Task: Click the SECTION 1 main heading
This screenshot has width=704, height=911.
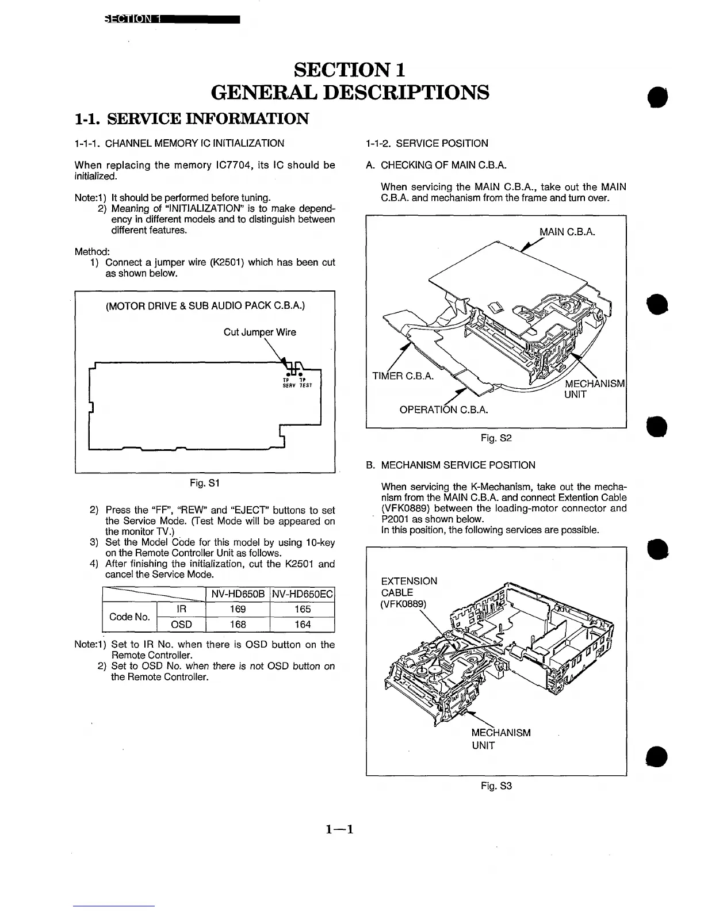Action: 350,70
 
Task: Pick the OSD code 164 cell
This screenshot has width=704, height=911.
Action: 303,624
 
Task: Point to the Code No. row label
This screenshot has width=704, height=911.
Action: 129,617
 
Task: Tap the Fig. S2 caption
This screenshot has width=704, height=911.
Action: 496,438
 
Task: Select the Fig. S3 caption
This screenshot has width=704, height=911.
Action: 496,786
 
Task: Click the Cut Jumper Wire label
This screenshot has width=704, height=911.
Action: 259,332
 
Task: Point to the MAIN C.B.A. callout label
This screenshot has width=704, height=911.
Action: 567,232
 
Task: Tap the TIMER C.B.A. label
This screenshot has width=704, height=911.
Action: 403,377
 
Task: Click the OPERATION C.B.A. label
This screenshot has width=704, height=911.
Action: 443,409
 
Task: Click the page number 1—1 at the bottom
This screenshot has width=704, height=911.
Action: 339,829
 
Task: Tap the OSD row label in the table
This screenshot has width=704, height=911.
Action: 181,624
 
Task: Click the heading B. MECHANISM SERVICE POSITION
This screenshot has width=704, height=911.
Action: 450,465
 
